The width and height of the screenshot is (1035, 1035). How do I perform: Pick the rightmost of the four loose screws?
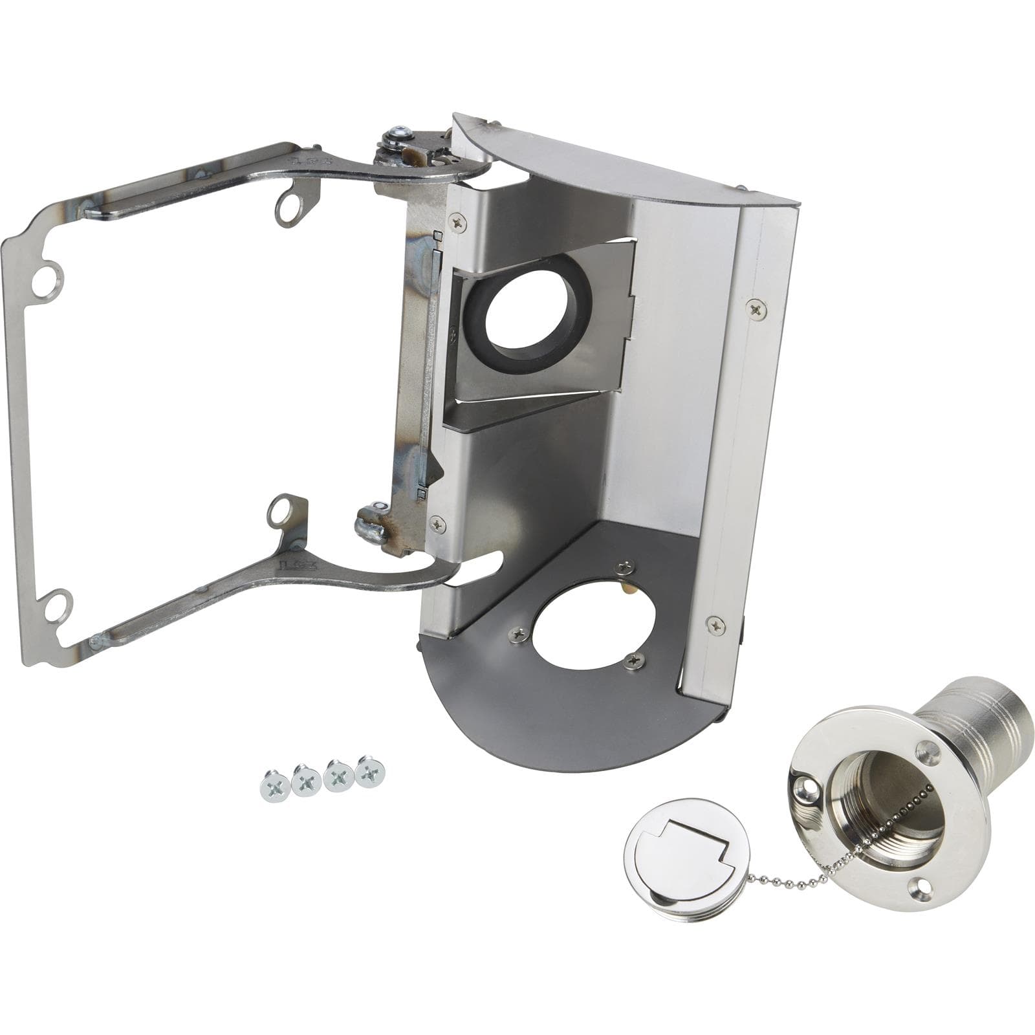[x=369, y=771]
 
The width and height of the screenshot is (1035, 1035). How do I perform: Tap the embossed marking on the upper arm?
[x=304, y=162]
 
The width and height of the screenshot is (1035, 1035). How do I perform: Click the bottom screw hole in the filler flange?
[x=919, y=884]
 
